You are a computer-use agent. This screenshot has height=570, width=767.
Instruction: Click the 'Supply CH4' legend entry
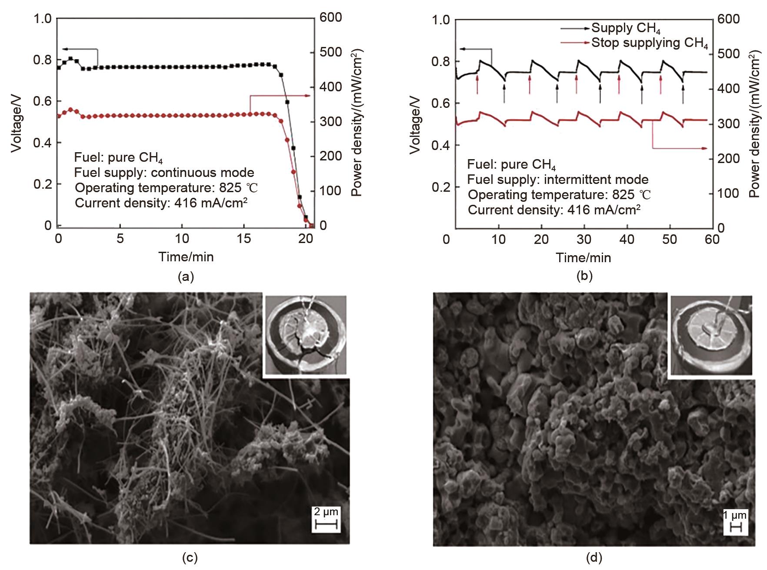626,28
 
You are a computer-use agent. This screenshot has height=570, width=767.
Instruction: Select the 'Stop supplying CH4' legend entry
649,43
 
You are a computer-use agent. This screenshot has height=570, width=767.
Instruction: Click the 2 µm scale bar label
326,512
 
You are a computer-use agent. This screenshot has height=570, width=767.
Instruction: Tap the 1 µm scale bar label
735,516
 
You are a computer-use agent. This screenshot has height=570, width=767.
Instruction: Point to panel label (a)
186,277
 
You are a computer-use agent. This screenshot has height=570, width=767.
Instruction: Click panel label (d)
594,557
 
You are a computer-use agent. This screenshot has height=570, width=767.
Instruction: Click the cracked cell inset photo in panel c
306,335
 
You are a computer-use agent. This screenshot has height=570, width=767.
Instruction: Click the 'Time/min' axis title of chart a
186,257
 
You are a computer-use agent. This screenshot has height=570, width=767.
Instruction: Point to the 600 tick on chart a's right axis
331,17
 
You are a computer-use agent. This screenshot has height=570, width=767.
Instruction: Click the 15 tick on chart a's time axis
244,238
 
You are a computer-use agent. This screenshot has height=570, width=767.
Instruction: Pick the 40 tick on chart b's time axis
627,240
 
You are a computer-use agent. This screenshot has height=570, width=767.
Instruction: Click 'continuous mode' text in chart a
202,173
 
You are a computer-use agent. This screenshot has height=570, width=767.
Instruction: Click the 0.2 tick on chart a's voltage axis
42,184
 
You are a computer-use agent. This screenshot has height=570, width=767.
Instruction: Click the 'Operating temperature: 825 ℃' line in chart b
559,195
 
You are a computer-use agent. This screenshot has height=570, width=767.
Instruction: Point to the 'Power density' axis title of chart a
357,122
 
